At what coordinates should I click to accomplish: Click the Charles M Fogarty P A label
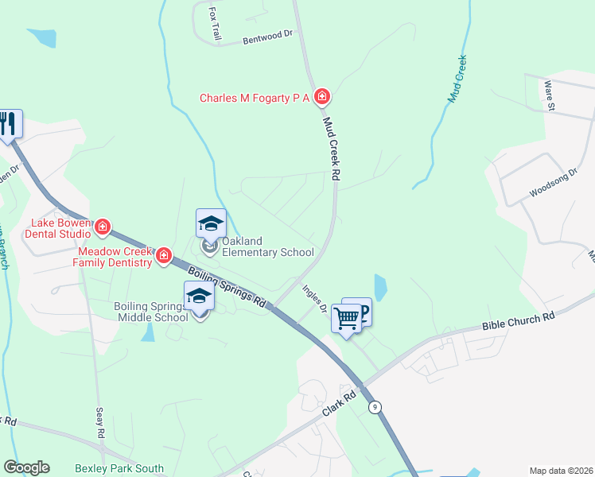[254, 98]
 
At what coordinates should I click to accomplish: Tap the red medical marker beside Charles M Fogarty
[322, 98]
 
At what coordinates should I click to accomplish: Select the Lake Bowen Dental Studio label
[59, 229]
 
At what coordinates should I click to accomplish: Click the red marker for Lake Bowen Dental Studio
[103, 229]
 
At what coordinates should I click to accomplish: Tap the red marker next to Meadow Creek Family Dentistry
[164, 256]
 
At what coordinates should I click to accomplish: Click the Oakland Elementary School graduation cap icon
[211, 223]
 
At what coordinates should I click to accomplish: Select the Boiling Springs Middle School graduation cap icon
[199, 297]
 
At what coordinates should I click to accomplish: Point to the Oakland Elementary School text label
[267, 247]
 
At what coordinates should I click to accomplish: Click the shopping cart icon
[347, 317]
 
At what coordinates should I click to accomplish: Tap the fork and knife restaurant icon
[8, 124]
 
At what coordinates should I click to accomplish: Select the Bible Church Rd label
[518, 321]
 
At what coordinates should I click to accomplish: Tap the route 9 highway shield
[374, 406]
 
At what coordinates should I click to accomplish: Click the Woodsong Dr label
[552, 184]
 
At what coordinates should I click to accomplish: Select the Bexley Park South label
[119, 469]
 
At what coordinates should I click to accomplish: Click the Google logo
[26, 467]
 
